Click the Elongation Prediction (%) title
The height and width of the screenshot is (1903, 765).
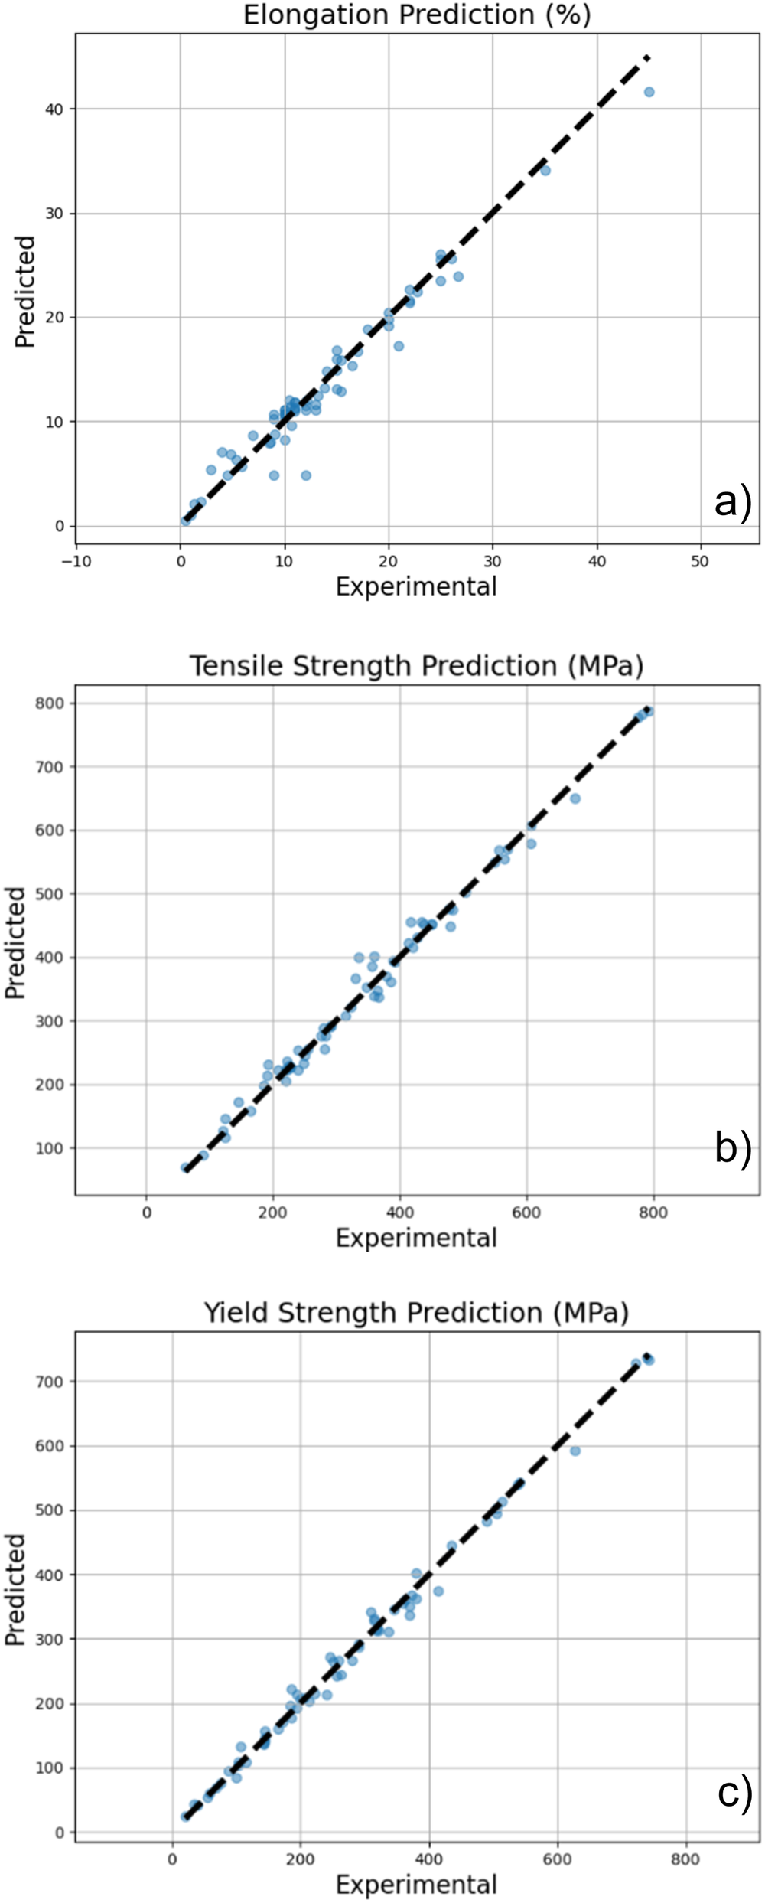pyautogui.click(x=417, y=15)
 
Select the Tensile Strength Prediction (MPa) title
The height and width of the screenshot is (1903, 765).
pyautogui.click(x=417, y=667)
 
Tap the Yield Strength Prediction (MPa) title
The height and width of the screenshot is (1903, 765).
pyautogui.click(x=417, y=1313)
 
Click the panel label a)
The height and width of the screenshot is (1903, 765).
pyautogui.click(x=733, y=502)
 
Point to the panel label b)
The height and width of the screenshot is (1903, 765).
pyautogui.click(x=733, y=1148)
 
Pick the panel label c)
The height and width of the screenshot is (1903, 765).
pyautogui.click(x=734, y=1793)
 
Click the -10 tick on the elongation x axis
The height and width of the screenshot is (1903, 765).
pyautogui.click(x=76, y=561)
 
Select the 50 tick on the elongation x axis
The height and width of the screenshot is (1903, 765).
pyautogui.click(x=700, y=561)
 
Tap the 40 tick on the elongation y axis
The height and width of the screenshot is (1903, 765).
pyautogui.click(x=54, y=109)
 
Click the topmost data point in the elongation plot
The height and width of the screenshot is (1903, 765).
pyautogui.click(x=649, y=92)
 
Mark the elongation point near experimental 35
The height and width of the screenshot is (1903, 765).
pyautogui.click(x=545, y=171)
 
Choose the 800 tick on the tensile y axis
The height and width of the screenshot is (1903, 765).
pyautogui.click(x=50, y=703)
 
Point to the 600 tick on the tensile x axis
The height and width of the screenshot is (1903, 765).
pyautogui.click(x=526, y=1213)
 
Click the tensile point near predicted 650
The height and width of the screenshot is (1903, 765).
pyautogui.click(x=575, y=798)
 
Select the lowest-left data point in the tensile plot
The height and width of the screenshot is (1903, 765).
pyautogui.click(x=185, y=1167)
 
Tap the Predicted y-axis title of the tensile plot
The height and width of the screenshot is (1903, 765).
pyautogui.click(x=15, y=943)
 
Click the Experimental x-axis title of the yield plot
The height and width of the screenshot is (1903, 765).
pyautogui.click(x=417, y=1884)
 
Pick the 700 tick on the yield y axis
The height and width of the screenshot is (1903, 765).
pyautogui.click(x=50, y=1382)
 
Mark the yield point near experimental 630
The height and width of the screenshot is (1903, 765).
pyautogui.click(x=575, y=1451)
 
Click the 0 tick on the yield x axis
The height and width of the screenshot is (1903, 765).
pyautogui.click(x=172, y=1859)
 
